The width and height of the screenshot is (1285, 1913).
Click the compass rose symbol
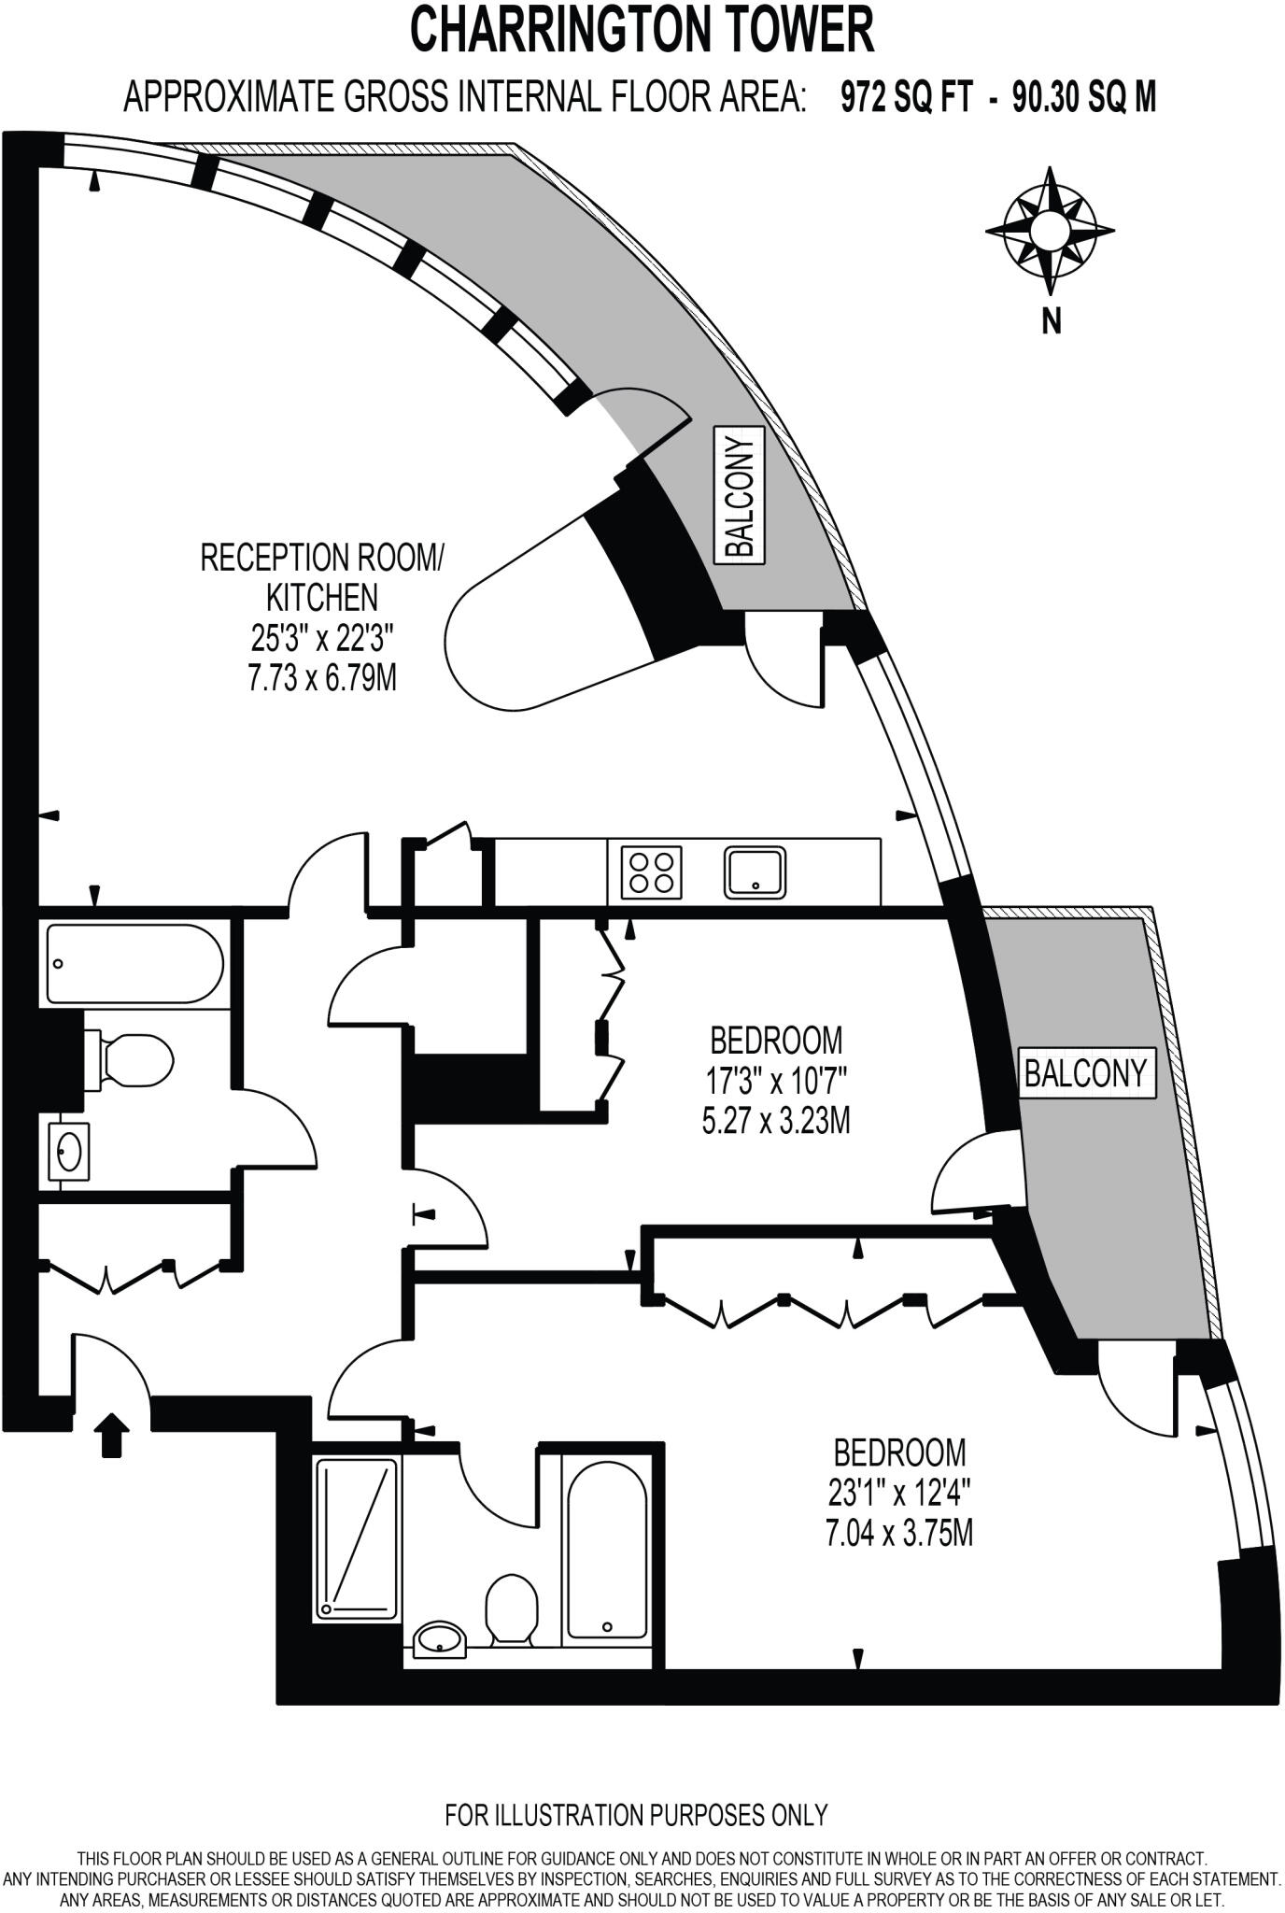[1050, 230]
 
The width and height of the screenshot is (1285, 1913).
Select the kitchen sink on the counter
[755, 872]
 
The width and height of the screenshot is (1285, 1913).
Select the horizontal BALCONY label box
[1085, 1073]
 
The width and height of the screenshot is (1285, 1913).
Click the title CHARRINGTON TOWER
[642, 30]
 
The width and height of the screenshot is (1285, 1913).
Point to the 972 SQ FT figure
[906, 96]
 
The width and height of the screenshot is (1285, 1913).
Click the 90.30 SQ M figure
[1084, 96]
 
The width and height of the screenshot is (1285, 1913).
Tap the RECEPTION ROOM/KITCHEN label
[321, 577]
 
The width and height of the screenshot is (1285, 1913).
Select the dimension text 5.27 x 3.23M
[775, 1120]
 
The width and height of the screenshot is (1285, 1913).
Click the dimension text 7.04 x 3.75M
[898, 1534]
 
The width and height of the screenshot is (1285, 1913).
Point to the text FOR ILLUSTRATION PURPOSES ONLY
[636, 1815]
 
